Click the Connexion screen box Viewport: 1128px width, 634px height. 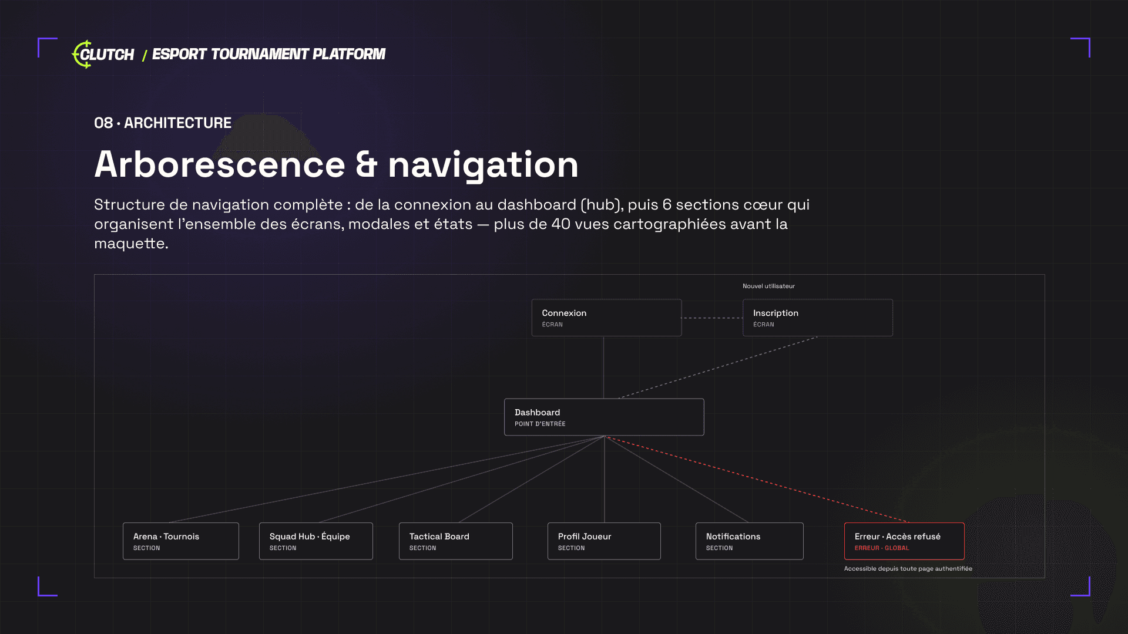coord(606,318)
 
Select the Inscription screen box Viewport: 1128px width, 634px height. coord(818,318)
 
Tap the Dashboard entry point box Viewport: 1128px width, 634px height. coord(604,417)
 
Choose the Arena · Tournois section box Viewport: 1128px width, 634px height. coord(181,541)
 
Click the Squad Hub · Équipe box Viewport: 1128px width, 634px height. coord(316,541)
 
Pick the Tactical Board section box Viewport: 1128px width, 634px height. coord(456,541)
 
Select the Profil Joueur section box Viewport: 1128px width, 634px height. coord(604,541)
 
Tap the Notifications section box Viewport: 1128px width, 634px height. coord(750,541)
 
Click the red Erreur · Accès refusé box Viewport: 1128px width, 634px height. coord(904,541)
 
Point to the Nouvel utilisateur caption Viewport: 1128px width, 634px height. coord(768,286)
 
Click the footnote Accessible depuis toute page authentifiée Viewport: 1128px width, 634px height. coord(908,568)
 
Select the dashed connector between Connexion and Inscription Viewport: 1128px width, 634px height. coord(712,318)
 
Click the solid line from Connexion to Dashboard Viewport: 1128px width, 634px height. coord(603,367)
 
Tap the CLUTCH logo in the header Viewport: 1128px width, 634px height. coord(103,54)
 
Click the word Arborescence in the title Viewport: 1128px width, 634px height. coord(220,164)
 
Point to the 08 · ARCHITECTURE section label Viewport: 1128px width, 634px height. coord(163,123)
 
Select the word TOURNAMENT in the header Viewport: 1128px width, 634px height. coord(259,54)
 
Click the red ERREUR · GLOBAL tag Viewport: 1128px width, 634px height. coord(882,548)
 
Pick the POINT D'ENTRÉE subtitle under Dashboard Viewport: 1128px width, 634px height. coord(540,424)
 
